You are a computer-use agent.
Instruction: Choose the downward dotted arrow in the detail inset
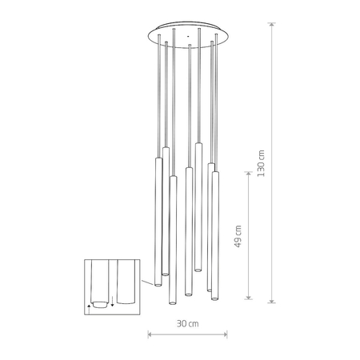coord(114,302)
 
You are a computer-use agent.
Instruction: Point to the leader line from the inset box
coord(141,282)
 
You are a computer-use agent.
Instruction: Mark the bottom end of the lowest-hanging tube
coord(172,304)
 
